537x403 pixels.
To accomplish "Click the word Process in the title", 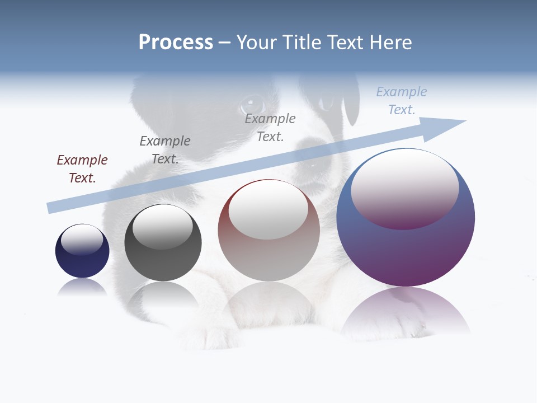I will (176, 43).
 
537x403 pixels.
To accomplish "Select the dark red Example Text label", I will (82, 168).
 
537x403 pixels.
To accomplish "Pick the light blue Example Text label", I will (401, 101).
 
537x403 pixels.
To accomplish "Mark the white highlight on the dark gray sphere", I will (162, 227).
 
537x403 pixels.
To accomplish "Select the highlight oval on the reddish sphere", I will (268, 210).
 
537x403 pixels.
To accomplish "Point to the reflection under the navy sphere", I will (82, 287).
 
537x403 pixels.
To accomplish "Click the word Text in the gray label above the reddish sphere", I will (270, 136).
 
